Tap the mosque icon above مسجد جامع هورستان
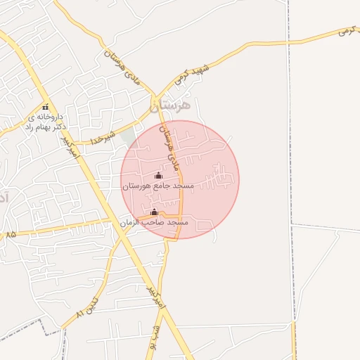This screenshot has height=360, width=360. click(158, 176)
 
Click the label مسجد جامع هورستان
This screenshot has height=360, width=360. click(158, 186)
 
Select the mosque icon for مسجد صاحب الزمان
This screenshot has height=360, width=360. click(154, 212)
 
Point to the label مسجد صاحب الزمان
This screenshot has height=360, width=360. click(154, 222)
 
